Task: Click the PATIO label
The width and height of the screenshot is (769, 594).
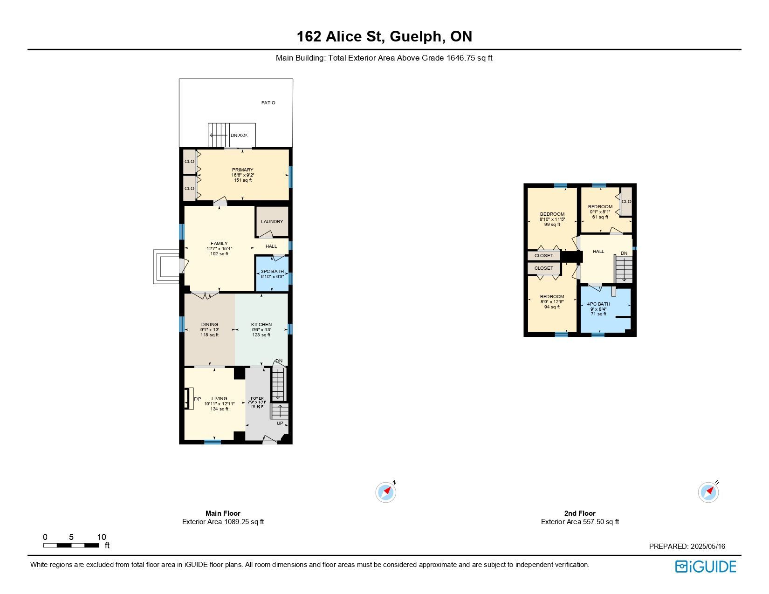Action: coord(268,102)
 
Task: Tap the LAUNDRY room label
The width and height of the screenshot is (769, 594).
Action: coord(272,221)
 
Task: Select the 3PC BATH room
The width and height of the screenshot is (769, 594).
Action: coord(272,273)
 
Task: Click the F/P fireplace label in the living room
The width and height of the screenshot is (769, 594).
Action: coord(198,399)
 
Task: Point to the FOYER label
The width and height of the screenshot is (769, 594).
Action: coord(257,398)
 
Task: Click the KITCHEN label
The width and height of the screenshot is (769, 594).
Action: coord(261,324)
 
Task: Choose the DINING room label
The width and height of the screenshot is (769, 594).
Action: coord(210,324)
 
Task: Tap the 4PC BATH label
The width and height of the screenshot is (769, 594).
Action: coord(598,304)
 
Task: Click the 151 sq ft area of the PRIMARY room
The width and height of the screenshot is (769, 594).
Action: coord(243,180)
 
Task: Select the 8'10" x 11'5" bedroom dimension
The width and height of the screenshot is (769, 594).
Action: coord(552,219)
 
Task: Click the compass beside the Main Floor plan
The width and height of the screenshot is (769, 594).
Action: coord(386,492)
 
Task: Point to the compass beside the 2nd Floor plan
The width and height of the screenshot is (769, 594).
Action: coord(708,492)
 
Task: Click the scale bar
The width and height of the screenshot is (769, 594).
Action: coord(71,545)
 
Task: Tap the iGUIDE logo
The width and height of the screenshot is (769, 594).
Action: coord(705,567)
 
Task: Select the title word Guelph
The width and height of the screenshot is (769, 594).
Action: coord(416,36)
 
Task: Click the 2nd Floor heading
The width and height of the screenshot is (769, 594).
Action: coord(580,513)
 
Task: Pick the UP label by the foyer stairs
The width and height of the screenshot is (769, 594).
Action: coord(280,423)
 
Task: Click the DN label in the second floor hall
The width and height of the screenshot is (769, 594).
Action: coord(624,253)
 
